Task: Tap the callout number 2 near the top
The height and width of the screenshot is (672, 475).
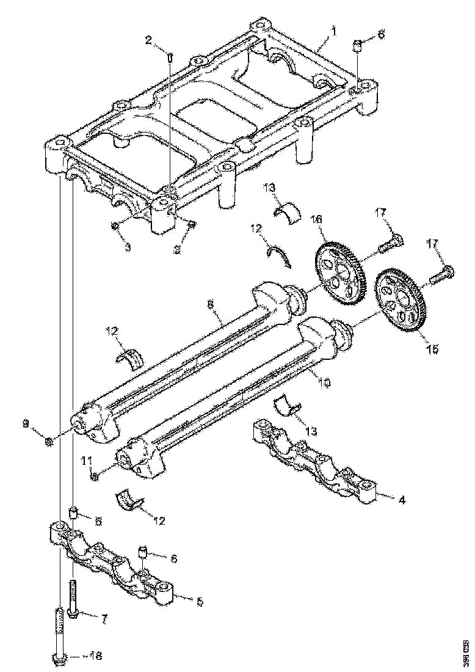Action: pos(148,41)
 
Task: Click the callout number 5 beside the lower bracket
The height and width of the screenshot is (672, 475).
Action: pos(199,601)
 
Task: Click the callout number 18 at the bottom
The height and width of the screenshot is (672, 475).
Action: pos(95,657)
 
